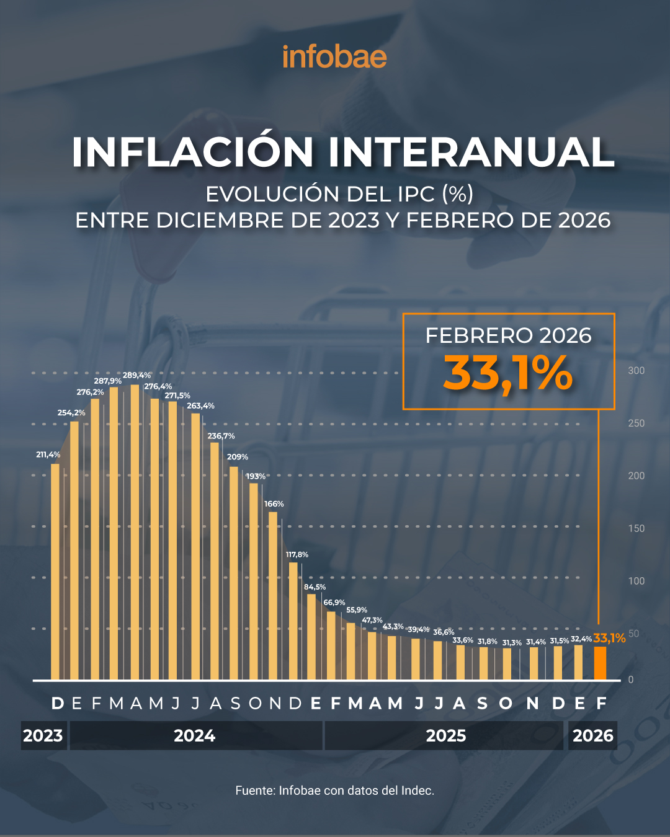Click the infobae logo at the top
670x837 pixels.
coord(334,57)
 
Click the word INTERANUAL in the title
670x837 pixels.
coord(471,152)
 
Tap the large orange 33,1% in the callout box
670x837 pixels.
coord(507,374)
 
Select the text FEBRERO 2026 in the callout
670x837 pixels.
coord(508,335)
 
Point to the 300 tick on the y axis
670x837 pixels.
coord(636,371)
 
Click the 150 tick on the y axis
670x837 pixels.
coord(636,528)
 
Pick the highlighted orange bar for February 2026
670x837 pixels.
coord(600,663)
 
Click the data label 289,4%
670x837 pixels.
coord(136,375)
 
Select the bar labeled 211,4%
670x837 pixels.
coord(55,570)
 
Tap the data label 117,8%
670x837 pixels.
coord(297,554)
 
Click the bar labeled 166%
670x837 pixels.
coord(273,595)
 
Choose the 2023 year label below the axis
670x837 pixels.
coord(43,736)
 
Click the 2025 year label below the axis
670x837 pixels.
coord(445,736)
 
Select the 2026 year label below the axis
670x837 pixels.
coord(592,736)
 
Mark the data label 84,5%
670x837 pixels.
coord(315,587)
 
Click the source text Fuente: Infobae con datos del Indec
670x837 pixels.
coord(334,790)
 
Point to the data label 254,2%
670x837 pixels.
coord(71,412)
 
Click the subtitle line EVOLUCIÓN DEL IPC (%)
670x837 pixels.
coord(339,194)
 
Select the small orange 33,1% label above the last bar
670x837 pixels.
coord(609,638)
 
